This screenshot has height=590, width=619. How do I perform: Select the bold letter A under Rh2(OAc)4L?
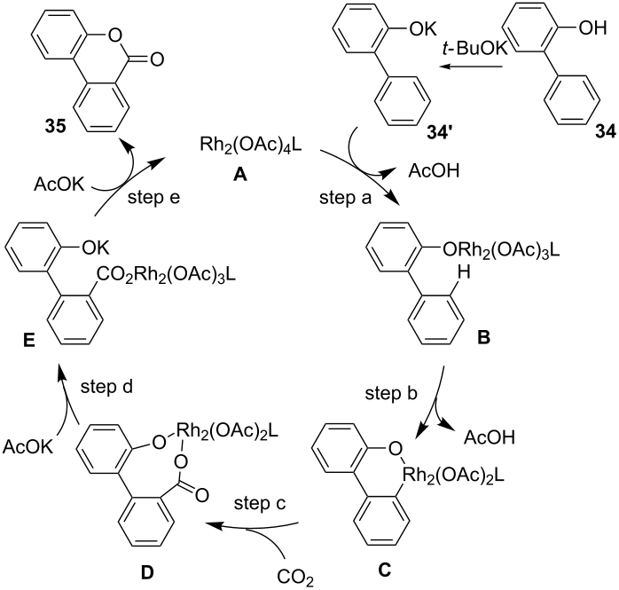pyautogui.click(x=238, y=177)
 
